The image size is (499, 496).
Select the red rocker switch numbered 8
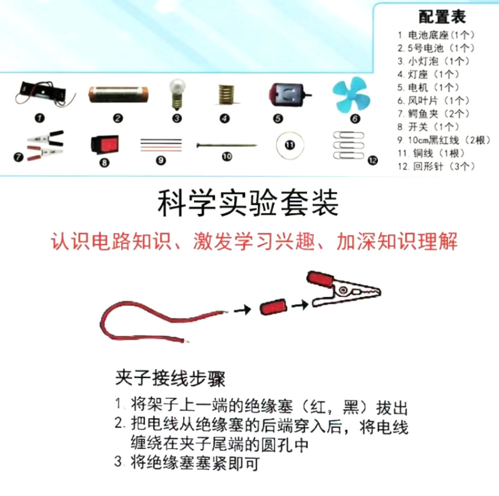[x=105, y=144]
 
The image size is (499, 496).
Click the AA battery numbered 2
[x=118, y=95]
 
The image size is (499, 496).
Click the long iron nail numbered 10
[x=227, y=145]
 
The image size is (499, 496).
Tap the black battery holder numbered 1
[x=44, y=93]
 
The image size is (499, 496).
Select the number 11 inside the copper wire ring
[x=290, y=145]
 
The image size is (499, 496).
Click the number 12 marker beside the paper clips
[x=373, y=160]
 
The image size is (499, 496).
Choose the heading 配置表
[x=442, y=17]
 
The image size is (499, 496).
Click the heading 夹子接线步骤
[x=170, y=379]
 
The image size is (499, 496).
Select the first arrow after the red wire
[x=242, y=309]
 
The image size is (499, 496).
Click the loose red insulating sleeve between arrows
[x=273, y=307]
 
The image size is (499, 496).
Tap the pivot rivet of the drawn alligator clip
[x=344, y=289]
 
